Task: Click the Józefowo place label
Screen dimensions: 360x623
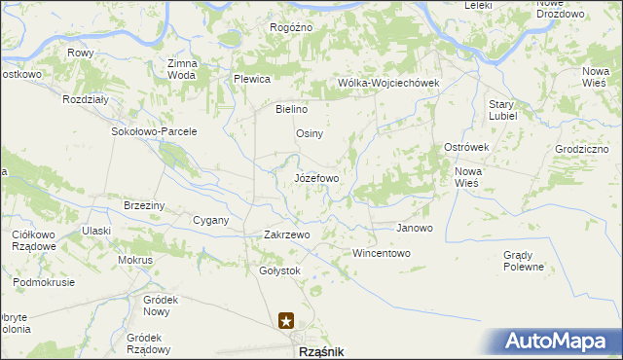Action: click(316, 179)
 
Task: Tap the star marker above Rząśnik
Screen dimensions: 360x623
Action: click(286, 319)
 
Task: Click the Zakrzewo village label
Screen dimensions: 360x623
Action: click(286, 234)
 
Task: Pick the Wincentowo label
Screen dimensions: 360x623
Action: click(382, 253)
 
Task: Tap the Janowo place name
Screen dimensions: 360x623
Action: click(414, 228)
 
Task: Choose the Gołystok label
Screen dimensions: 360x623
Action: click(280, 270)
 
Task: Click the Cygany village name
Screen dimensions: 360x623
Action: click(210, 220)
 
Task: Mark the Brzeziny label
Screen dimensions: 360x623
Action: click(144, 205)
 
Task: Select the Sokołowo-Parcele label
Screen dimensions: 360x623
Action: click(155, 131)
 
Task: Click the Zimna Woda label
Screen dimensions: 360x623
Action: click(183, 69)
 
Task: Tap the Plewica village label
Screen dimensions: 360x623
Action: click(251, 79)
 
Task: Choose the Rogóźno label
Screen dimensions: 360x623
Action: click(291, 27)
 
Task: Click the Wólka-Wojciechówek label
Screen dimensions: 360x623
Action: click(388, 83)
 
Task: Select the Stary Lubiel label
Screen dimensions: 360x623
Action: click(501, 109)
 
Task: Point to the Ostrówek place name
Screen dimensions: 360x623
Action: click(465, 146)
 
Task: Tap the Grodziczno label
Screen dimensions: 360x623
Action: click(581, 149)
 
